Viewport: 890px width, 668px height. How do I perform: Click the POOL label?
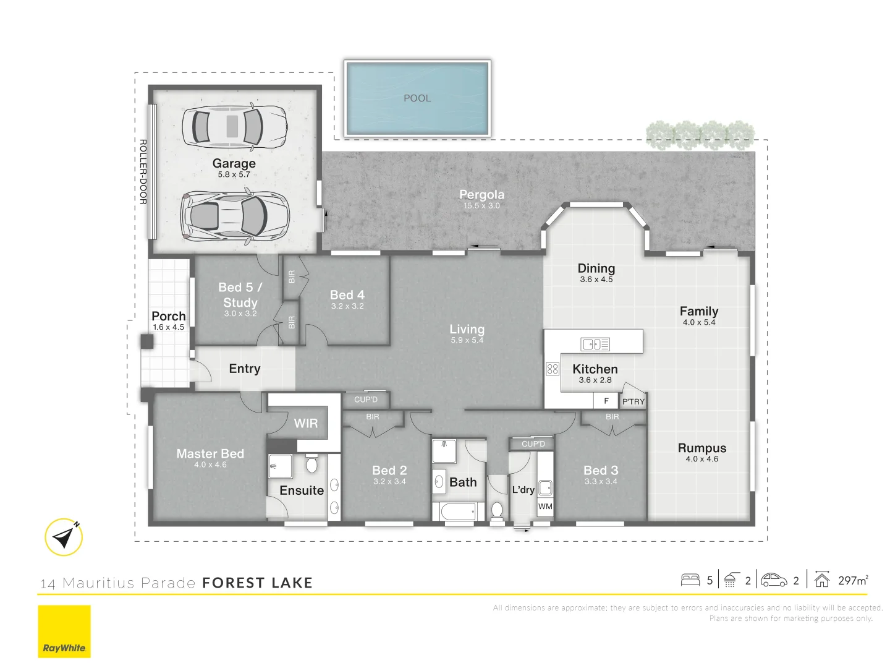click(417, 98)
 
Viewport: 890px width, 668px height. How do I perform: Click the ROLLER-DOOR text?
click(143, 172)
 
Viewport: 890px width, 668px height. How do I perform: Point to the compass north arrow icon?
click(64, 537)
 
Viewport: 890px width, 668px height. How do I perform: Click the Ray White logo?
click(64, 631)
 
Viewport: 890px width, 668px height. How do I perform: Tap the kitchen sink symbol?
click(595, 344)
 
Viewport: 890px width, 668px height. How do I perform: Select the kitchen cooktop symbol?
click(552, 369)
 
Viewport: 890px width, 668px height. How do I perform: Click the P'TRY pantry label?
click(633, 401)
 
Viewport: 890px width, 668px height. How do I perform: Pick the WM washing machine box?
click(545, 507)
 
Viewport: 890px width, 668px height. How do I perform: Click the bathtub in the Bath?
click(458, 512)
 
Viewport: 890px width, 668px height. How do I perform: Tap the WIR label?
click(306, 424)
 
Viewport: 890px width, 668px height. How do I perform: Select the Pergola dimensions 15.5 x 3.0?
click(481, 206)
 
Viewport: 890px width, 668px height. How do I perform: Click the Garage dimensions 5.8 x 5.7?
click(234, 175)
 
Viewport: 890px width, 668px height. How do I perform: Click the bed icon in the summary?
click(690, 580)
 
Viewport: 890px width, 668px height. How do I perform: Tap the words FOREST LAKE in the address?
click(257, 583)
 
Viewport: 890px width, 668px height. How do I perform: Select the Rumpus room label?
click(702, 448)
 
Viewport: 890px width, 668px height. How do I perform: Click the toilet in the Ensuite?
click(311, 463)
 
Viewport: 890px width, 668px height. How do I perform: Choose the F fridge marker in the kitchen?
click(606, 401)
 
